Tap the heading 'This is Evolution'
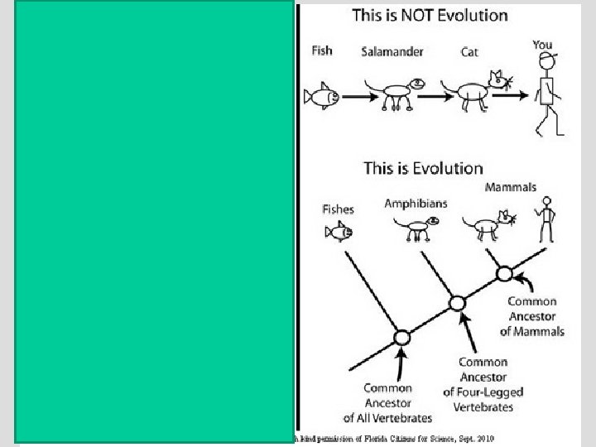coord(423,168)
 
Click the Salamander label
coord(392,51)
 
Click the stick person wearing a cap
coord(546,95)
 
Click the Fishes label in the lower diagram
coord(338,209)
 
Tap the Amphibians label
coord(415,203)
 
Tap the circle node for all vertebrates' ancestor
coord(402,338)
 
